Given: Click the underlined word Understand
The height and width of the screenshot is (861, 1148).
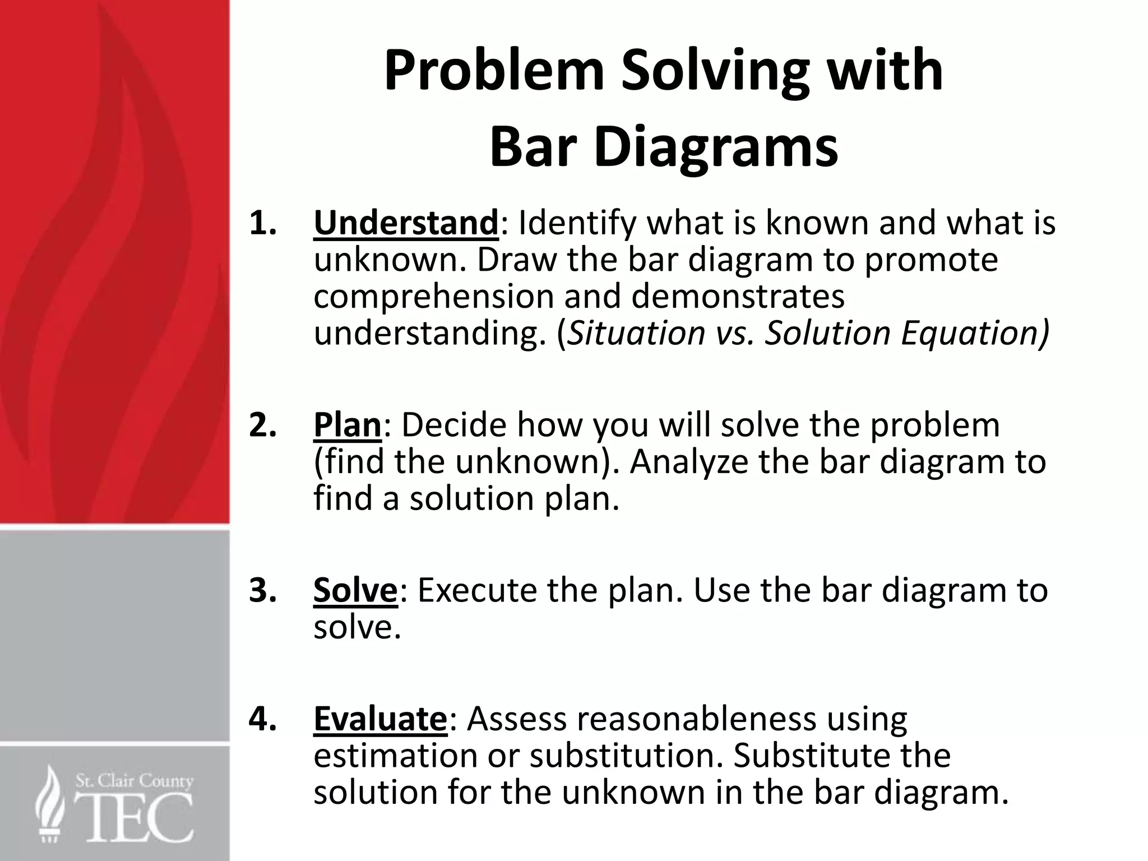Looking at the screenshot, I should (x=405, y=223).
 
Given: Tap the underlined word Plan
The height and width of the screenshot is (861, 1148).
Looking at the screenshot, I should (x=347, y=425).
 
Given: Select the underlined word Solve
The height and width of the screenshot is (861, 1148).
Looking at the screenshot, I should (x=355, y=590).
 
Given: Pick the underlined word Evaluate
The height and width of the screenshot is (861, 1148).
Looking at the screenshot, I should (x=379, y=719).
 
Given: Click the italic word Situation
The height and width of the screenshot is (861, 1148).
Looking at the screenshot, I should (x=636, y=333).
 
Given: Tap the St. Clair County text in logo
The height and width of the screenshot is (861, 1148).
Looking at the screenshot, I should (x=134, y=781).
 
